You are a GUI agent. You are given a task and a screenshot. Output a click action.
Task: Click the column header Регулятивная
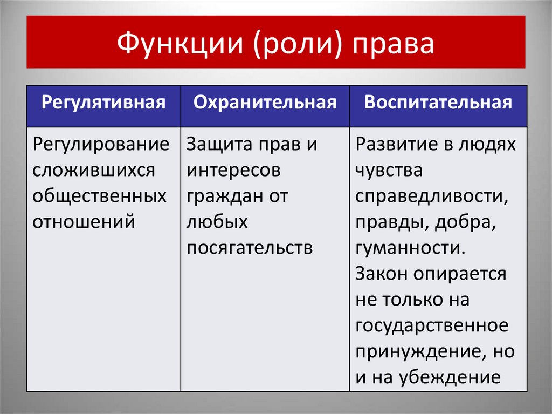103,103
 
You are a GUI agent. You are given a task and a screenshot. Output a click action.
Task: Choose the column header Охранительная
265,103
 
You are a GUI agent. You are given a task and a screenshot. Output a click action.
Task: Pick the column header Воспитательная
438,103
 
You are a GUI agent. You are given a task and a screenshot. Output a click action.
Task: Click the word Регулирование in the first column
101,145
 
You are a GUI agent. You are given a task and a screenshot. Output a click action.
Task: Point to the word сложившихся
94,170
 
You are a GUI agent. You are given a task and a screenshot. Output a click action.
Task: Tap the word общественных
100,196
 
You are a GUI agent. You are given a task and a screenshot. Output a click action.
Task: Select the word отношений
84,221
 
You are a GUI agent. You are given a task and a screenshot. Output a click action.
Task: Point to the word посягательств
250,247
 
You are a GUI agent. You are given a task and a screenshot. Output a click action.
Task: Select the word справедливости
431,196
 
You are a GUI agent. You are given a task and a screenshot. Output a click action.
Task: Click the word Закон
382,273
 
